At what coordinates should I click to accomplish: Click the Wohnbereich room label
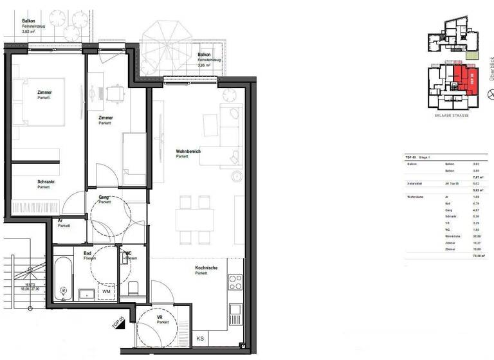pyautogui.click(x=188, y=152)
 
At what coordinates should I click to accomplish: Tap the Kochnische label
pyautogui.click(x=206, y=268)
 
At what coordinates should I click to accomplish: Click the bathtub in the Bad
pyautogui.click(x=63, y=278)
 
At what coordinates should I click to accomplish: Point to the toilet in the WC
pyautogui.click(x=133, y=287)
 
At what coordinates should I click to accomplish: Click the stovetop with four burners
pyautogui.click(x=235, y=282)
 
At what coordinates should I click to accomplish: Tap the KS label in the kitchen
pyautogui.click(x=200, y=338)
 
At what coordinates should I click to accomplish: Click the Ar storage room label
pyautogui.click(x=60, y=221)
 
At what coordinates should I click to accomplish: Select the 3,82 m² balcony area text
pyautogui.click(x=30, y=31)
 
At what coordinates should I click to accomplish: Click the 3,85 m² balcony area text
pyautogui.click(x=205, y=66)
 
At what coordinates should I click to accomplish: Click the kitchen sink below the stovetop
pyautogui.click(x=235, y=310)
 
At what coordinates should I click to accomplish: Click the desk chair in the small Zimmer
pyautogui.click(x=114, y=93)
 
